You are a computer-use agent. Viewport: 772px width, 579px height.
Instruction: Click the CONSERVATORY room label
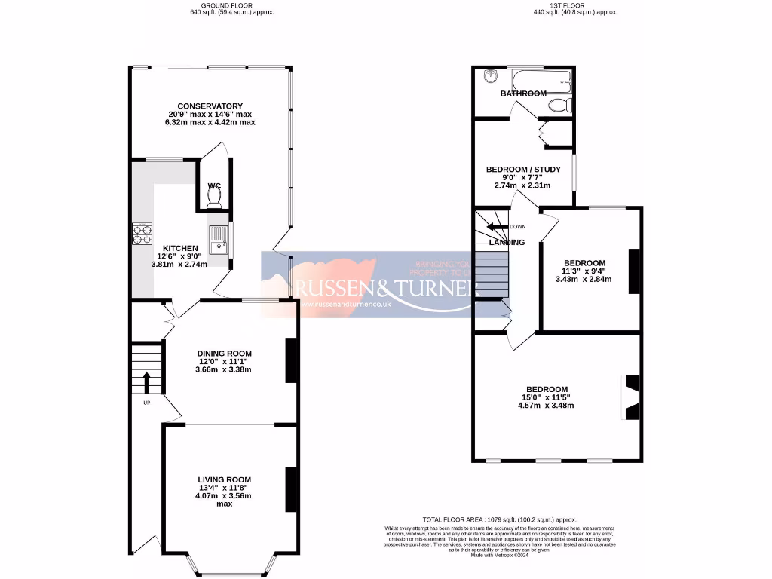pos(210,106)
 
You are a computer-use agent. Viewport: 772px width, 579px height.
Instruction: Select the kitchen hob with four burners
pos(142,235)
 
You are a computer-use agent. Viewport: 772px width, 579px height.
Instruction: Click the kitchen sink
pos(219,240)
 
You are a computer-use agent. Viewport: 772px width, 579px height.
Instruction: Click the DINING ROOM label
pos(224,353)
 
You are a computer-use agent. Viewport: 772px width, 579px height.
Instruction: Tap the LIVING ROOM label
pos(224,479)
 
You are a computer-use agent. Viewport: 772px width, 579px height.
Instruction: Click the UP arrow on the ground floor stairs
pos(147,381)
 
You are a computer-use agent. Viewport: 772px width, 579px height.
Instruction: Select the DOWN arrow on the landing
pos(498,226)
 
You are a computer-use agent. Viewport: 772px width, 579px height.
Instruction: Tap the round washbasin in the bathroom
pos(490,75)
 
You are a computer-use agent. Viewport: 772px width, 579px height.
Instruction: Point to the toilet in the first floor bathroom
pos(559,105)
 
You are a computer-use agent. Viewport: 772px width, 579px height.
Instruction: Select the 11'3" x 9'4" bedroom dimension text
pos(584,271)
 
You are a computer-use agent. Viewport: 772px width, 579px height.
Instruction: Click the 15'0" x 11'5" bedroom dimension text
pos(545,397)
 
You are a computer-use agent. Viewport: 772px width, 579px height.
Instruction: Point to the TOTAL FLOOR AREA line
pos(499,519)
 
